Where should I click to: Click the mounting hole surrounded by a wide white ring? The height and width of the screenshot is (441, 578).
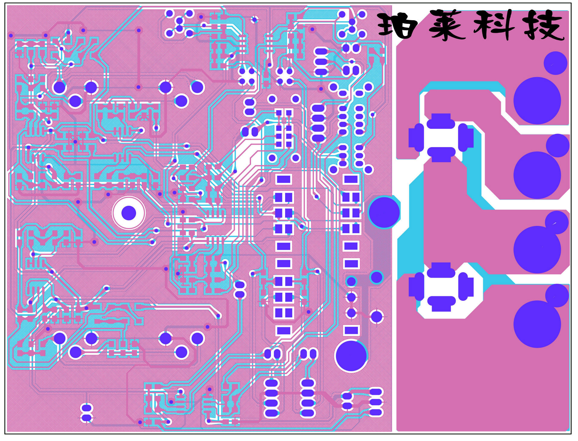click(129, 213)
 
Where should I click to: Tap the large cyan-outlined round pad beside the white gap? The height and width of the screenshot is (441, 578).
click(384, 212)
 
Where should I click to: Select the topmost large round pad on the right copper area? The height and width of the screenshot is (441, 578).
click(537, 100)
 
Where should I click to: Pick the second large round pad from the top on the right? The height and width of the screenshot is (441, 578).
click(537, 175)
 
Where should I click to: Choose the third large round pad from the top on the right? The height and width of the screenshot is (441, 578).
click(537, 250)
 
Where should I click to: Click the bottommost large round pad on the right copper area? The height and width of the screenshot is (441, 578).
click(537, 324)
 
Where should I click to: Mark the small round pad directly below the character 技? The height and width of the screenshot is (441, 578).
click(555, 63)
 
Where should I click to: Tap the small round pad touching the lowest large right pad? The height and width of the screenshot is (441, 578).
click(557, 295)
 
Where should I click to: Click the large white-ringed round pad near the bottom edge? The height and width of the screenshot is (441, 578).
click(351, 356)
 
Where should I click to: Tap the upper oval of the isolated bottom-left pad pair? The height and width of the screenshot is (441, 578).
click(87, 408)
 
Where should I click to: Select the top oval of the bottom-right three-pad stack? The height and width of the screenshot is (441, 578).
click(376, 392)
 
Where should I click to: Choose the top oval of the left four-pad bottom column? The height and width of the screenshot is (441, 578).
click(271, 383)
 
